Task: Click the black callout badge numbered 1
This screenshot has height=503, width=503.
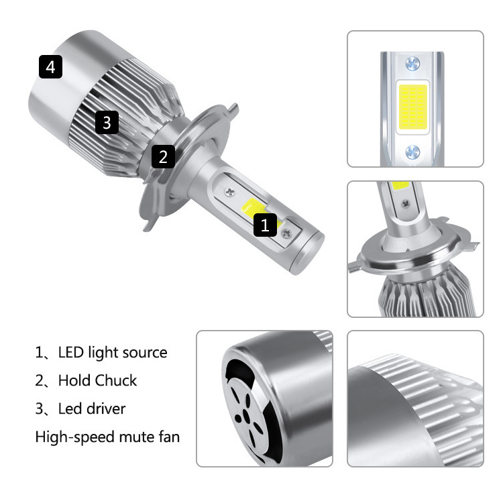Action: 265,225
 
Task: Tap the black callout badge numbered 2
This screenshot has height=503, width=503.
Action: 163,157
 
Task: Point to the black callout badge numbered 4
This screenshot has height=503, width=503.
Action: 51,67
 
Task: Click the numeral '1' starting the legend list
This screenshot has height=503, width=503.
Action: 39,353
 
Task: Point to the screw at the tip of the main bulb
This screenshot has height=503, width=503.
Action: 289,233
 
